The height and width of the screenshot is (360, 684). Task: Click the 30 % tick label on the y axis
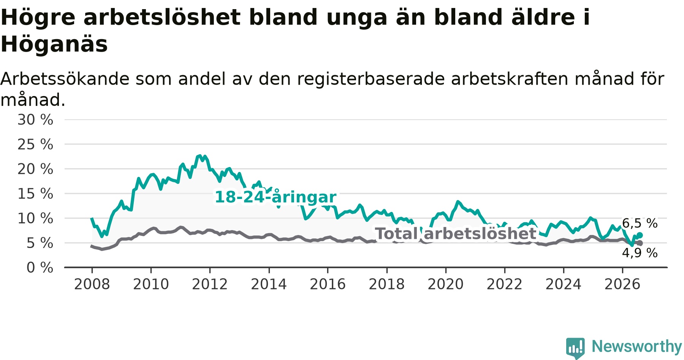click(x=35, y=120)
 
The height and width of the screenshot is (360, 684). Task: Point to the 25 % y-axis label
click(x=35, y=144)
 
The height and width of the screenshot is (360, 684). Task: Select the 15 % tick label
click(x=35, y=194)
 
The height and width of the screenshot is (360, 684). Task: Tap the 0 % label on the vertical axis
click(x=40, y=268)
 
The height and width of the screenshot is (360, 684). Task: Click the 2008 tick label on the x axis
click(x=92, y=284)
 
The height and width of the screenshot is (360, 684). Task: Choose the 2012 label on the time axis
click(x=210, y=284)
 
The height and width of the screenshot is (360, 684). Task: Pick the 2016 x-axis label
click(x=328, y=284)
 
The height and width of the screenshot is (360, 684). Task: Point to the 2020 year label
click(x=446, y=284)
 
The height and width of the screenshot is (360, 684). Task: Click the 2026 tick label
click(x=622, y=284)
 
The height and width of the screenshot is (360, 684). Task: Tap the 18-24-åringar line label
click(x=275, y=197)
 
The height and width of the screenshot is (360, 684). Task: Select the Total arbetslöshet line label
click(x=456, y=234)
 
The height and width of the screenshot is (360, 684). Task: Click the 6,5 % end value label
click(x=640, y=223)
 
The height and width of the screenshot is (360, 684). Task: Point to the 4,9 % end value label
click(x=640, y=253)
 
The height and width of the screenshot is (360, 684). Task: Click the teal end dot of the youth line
click(x=640, y=235)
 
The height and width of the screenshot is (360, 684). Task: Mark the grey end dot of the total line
click(x=640, y=243)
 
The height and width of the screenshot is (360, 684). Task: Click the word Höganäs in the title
click(x=54, y=44)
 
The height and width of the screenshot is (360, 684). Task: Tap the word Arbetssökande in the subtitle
click(x=65, y=79)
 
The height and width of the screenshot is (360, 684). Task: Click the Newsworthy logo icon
click(x=575, y=348)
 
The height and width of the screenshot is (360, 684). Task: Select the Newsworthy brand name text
click(x=637, y=346)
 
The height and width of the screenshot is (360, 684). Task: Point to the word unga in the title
click(x=358, y=18)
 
